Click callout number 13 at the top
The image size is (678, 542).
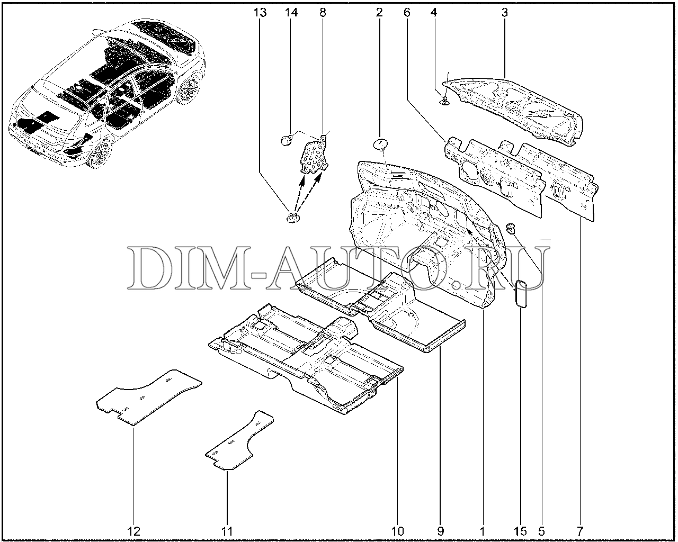click(x=260, y=13)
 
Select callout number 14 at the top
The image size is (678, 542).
click(x=291, y=13)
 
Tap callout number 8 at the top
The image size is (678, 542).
click(x=323, y=13)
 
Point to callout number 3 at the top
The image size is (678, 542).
click(x=505, y=13)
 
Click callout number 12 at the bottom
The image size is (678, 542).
click(x=133, y=531)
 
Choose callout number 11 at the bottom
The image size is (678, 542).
click(x=227, y=531)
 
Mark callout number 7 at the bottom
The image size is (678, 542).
click(x=580, y=531)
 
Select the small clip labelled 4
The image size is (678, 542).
click(x=444, y=101)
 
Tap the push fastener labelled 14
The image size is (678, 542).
click(x=286, y=140)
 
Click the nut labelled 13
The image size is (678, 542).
click(x=293, y=218)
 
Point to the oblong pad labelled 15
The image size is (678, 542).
click(x=521, y=293)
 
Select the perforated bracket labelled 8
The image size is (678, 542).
click(x=314, y=155)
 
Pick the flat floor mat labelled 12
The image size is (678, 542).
click(x=149, y=398)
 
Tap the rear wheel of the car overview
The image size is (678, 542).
click(x=189, y=89)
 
